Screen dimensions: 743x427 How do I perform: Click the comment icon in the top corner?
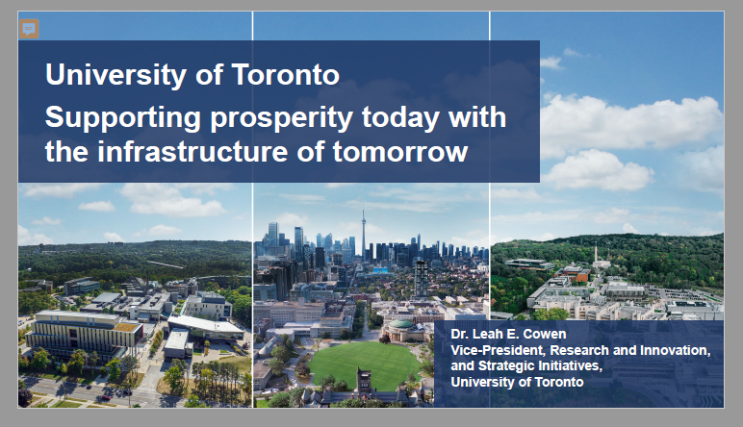pos(29,29)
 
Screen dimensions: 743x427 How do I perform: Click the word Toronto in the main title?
pos(285,74)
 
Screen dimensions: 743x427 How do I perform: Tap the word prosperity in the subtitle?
pos(281,118)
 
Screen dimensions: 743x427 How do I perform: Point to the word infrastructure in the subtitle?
pos(192,152)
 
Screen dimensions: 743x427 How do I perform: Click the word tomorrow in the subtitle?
pos(400,152)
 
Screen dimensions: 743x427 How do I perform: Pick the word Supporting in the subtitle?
pos(123,118)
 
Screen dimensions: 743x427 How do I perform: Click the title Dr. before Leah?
pos(459,334)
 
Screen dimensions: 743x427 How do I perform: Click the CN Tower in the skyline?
pos(364,232)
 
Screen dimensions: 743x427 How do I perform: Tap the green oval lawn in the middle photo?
pos(364,365)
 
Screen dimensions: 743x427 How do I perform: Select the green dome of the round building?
pos(401,325)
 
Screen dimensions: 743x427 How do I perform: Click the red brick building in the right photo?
pos(575,273)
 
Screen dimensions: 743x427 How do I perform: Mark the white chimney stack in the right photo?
pos(596,251)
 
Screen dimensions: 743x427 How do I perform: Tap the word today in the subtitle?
pos(400,118)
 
